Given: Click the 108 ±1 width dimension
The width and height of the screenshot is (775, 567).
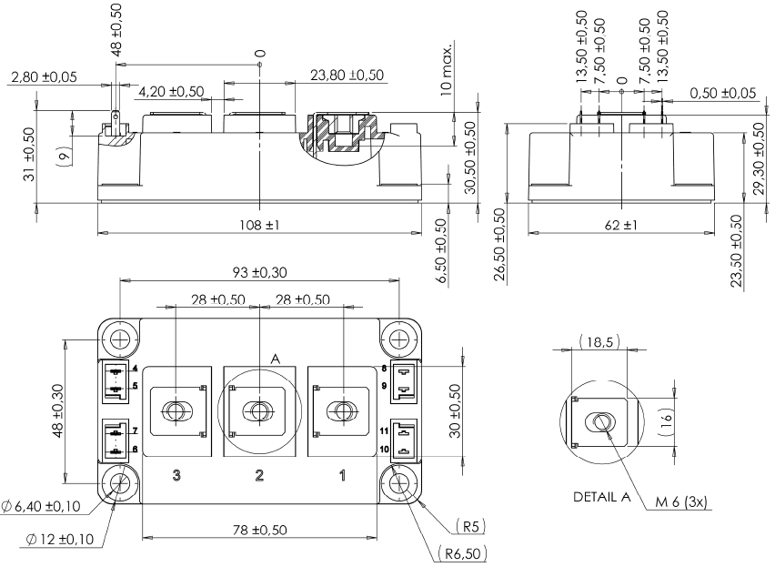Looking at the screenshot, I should click(260, 224).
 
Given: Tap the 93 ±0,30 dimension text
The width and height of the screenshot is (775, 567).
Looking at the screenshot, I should click(259, 272).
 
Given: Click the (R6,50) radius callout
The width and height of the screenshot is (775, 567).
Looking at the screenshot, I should click(463, 552).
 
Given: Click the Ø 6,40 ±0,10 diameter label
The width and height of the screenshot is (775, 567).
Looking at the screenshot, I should click(52, 506).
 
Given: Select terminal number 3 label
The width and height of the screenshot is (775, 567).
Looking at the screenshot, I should click(176, 474).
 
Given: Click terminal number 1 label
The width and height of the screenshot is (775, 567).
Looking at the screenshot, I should click(343, 474).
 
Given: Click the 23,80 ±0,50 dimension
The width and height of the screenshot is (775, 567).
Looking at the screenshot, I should click(347, 76).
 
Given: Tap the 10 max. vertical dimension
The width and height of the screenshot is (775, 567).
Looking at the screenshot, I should click(445, 67).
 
